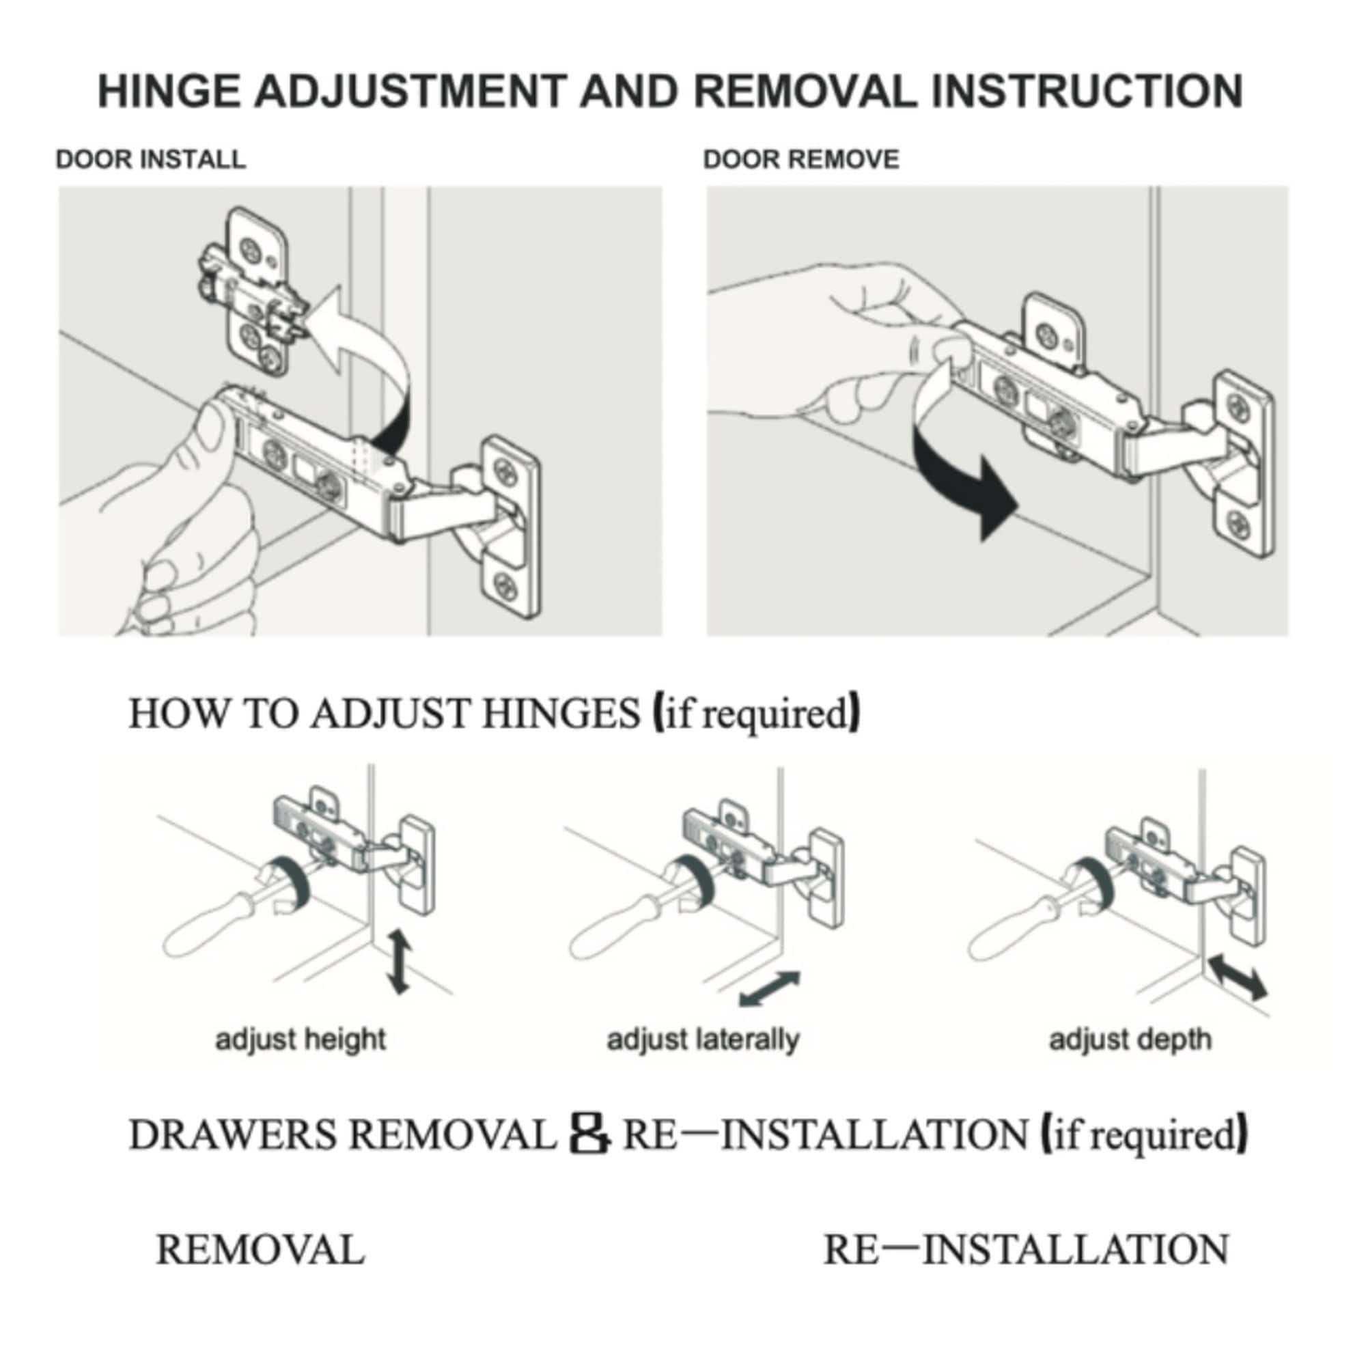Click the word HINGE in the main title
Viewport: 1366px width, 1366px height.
click(169, 92)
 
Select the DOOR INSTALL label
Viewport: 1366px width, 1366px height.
click(150, 159)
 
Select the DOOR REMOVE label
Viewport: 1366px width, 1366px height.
click(801, 159)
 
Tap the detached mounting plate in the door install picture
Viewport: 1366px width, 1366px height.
click(255, 290)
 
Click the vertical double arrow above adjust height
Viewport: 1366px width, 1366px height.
click(400, 962)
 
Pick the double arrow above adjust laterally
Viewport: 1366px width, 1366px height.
click(769, 988)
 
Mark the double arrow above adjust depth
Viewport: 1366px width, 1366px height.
click(1238, 977)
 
